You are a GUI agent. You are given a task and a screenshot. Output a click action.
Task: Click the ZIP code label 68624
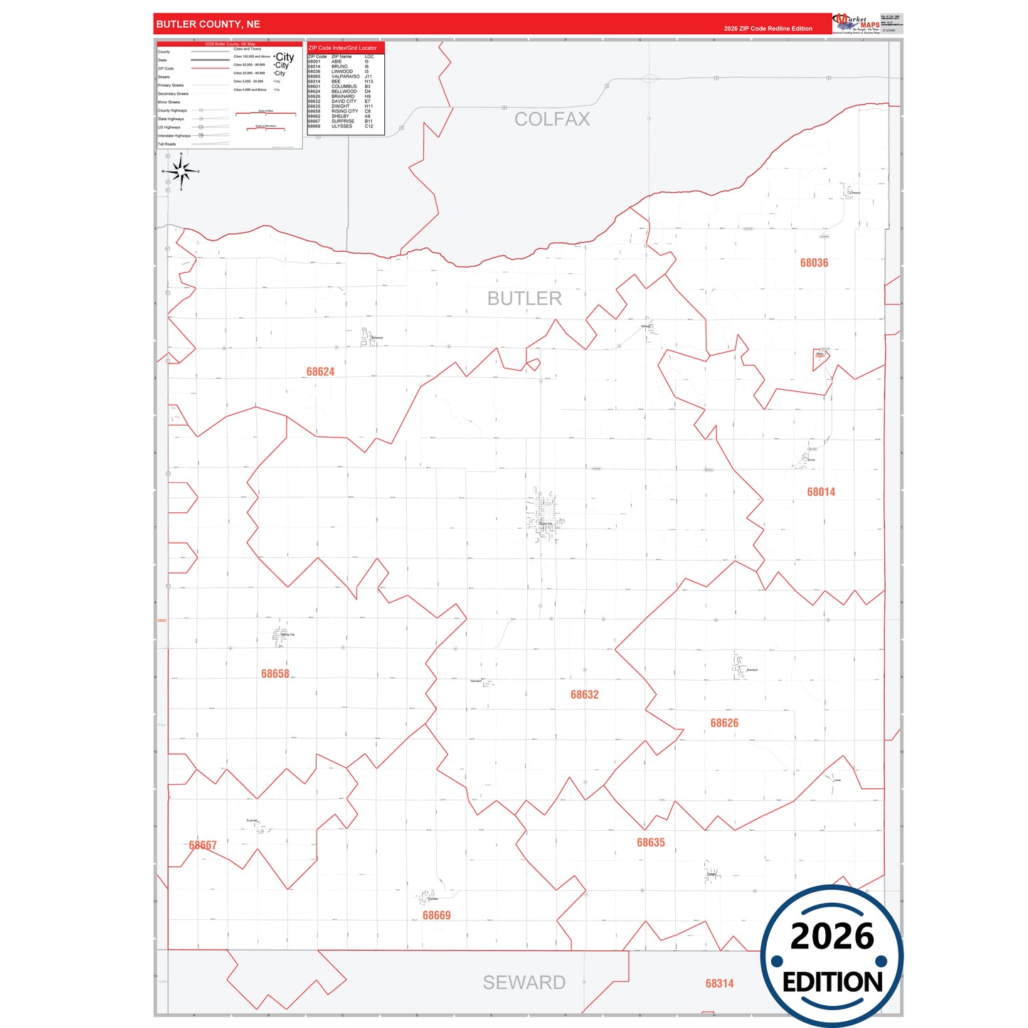point(320,371)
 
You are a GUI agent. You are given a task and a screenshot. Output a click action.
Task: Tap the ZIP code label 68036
point(814,263)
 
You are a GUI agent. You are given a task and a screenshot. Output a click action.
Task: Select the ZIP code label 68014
point(821,492)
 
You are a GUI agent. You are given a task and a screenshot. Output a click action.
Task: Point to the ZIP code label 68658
point(275,674)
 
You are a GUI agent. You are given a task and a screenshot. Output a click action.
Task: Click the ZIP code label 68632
point(585,694)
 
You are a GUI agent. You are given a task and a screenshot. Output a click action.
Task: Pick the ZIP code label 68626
point(724,723)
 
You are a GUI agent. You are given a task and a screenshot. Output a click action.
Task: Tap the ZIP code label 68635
point(651,842)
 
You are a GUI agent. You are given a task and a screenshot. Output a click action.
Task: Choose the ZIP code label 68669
point(437,916)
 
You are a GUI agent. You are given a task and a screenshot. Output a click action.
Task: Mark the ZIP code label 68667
point(203,845)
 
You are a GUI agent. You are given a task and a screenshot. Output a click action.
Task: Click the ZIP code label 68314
point(719,983)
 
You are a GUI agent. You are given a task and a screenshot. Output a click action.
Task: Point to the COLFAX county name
point(552,120)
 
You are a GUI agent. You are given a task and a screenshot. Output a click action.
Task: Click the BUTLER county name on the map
point(524,299)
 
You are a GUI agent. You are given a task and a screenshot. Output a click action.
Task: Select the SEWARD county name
point(524,982)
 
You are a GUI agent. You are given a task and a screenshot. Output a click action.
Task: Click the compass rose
point(181,171)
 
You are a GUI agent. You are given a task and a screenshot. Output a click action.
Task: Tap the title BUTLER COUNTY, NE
point(208,24)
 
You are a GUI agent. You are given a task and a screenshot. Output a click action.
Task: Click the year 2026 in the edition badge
point(832,936)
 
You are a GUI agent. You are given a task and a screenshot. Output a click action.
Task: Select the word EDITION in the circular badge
point(832,982)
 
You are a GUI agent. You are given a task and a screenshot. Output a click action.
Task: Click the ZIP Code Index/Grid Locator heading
point(343,48)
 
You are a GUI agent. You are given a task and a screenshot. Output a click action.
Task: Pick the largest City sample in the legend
point(285,57)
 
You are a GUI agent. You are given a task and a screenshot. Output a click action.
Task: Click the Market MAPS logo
point(857,23)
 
